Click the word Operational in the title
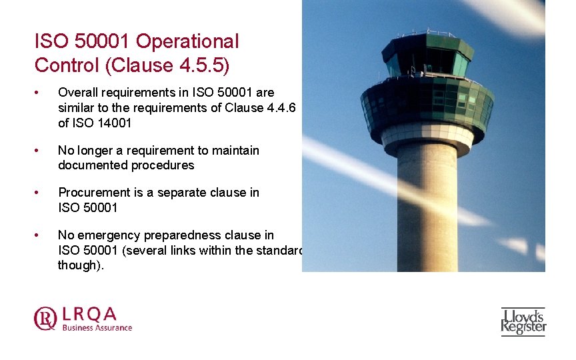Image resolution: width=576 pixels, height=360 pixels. point(187,41)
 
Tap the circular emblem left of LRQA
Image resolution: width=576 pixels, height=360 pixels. point(45,318)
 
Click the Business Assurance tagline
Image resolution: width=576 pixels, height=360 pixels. point(97,327)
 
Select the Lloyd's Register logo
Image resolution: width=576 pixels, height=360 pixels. point(523,321)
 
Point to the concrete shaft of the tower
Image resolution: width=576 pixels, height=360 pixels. point(427,207)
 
